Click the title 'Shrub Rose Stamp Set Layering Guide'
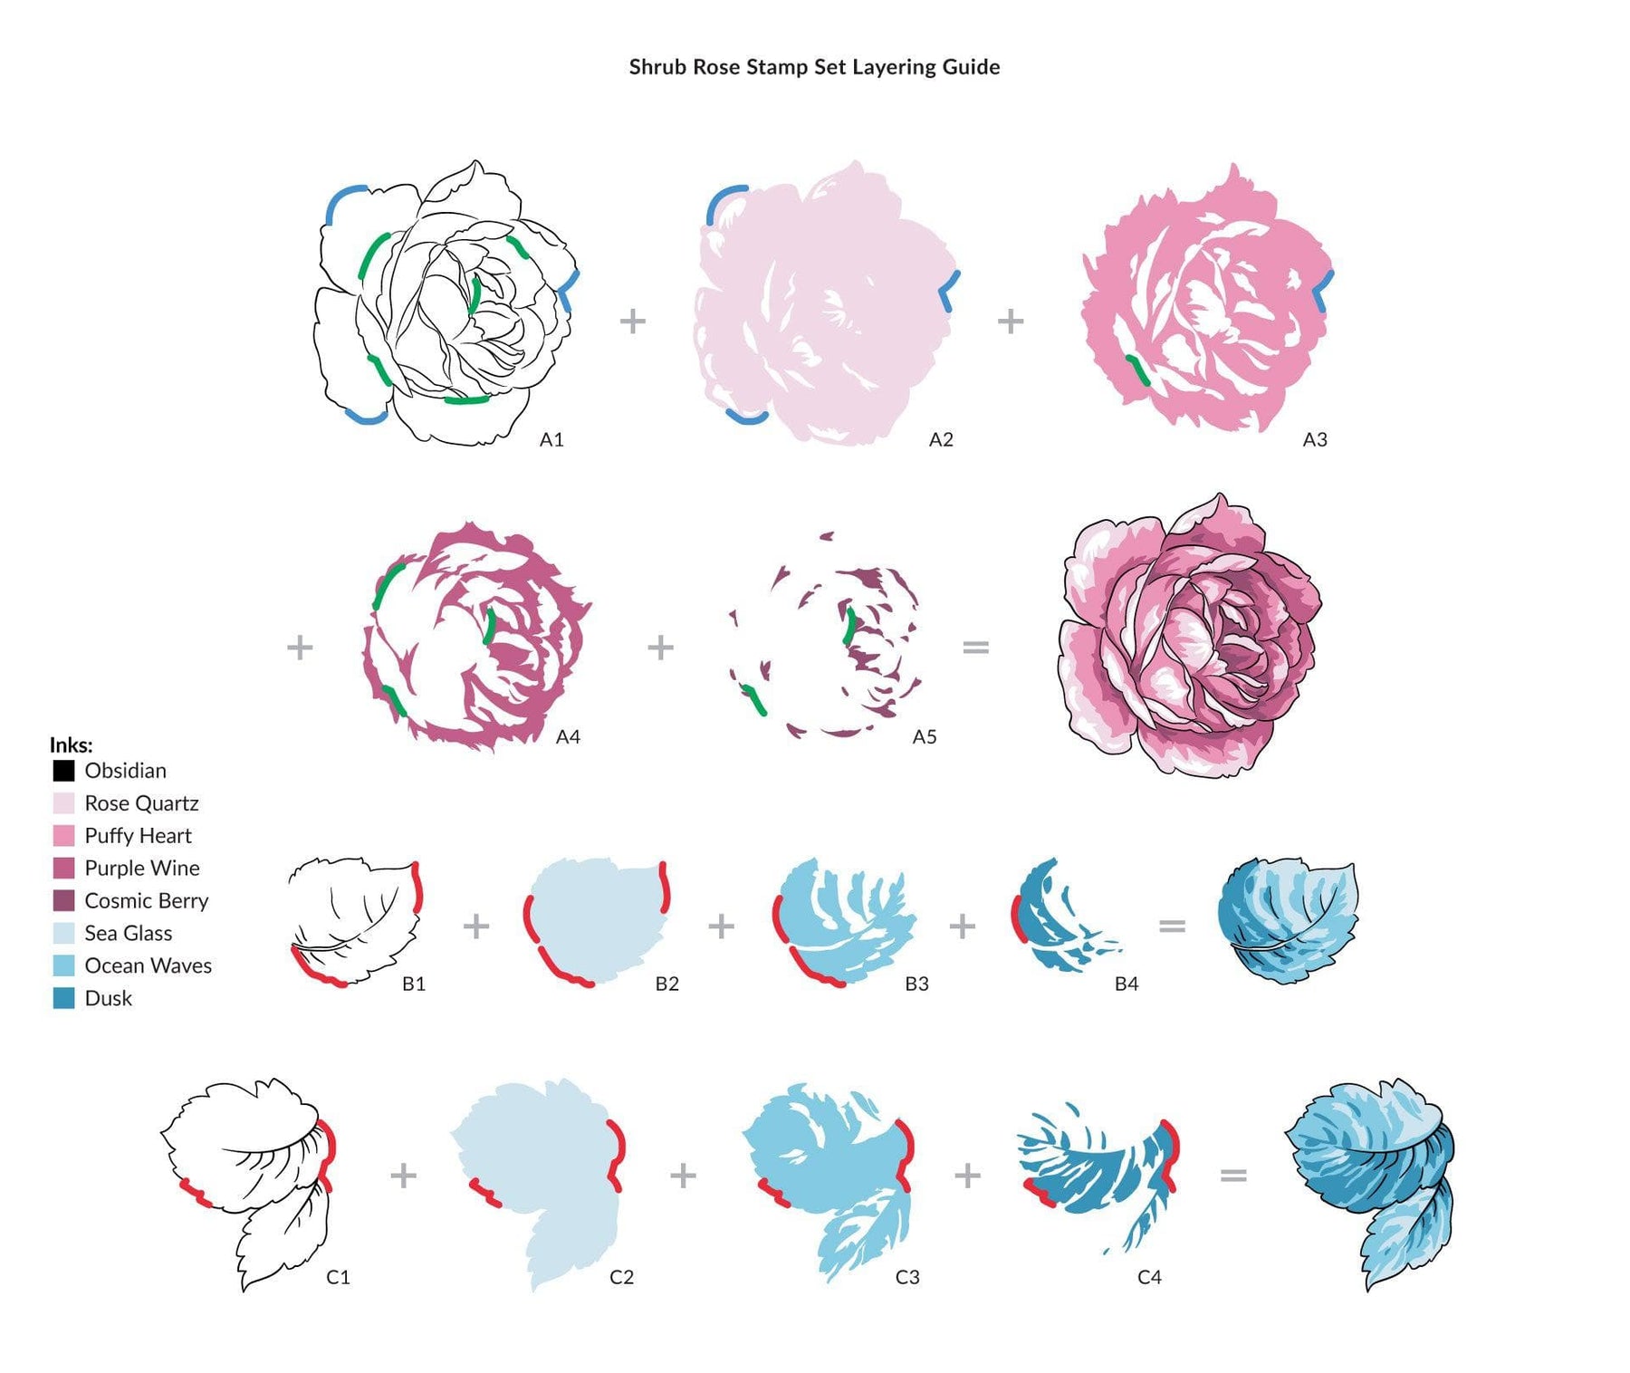point(814,67)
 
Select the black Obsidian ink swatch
point(63,771)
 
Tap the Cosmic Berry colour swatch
point(63,900)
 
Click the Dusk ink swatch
point(63,998)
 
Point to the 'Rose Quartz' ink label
point(141,803)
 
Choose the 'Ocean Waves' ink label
point(148,965)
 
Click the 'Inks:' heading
point(71,744)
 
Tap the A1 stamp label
point(551,439)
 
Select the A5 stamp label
point(924,736)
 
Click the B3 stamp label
point(916,983)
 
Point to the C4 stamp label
point(1149,1277)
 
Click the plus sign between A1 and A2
point(633,321)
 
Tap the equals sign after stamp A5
point(975,647)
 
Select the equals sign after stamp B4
point(1172,926)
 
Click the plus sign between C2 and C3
point(683,1176)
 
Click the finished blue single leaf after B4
point(1288,920)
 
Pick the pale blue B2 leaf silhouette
point(598,920)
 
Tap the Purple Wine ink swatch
point(63,868)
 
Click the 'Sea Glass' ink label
point(128,933)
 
